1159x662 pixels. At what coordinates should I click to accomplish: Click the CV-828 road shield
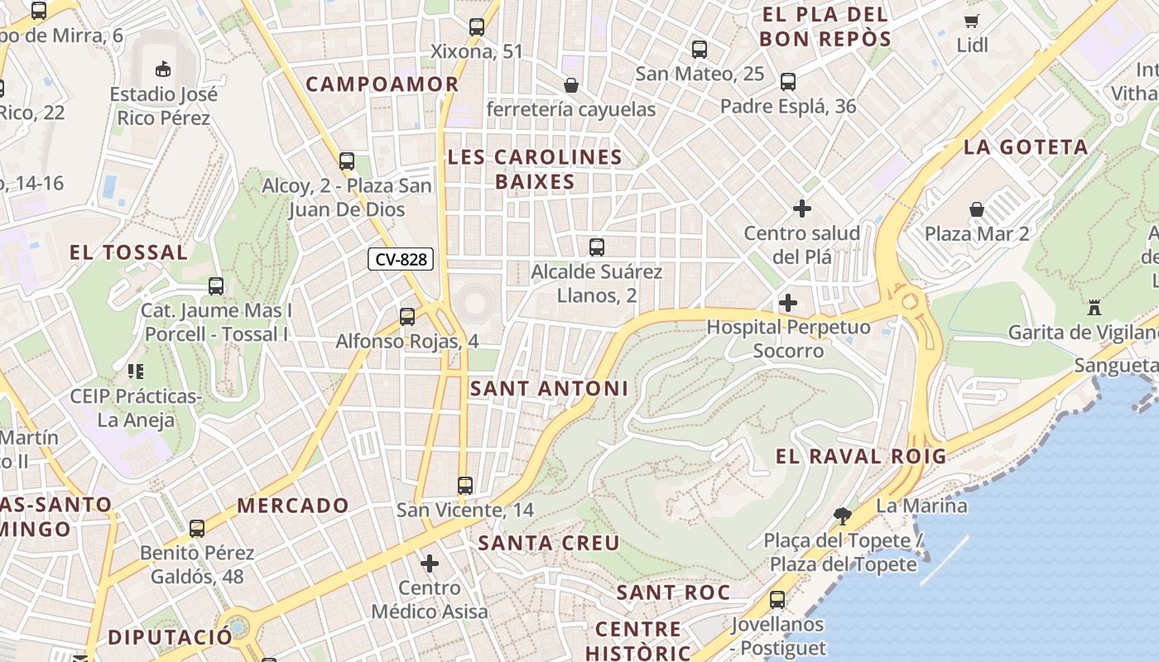(402, 259)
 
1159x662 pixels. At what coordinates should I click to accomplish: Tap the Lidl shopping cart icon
(971, 21)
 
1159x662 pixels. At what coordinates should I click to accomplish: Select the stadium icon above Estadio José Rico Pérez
(162, 69)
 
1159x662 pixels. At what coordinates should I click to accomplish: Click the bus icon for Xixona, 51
(476, 26)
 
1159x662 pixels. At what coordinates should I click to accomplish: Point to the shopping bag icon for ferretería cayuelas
(570, 84)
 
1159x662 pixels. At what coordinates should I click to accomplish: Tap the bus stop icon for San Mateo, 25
(700, 49)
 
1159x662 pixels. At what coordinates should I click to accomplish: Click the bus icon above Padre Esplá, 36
(787, 81)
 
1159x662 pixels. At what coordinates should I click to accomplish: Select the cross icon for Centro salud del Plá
(801, 209)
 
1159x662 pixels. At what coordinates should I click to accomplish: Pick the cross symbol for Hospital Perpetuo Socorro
(788, 303)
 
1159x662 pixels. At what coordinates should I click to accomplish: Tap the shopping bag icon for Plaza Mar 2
(977, 209)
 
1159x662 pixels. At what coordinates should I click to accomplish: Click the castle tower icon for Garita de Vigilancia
(1094, 308)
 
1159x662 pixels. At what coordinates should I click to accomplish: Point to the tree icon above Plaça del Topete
(843, 516)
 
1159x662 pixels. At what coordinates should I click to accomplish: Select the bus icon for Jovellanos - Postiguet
(777, 599)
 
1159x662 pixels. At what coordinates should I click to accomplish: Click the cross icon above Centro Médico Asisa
(429, 564)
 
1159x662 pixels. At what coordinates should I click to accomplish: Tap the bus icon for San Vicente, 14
(465, 485)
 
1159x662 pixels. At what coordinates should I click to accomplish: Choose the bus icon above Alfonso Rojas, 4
(406, 316)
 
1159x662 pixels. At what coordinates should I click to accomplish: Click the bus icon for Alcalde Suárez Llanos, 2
(596, 247)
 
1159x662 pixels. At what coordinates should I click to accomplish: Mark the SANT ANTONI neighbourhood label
(549, 388)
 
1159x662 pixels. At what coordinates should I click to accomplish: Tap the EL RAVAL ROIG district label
(861, 456)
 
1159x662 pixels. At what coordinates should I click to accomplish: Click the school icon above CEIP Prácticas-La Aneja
(136, 372)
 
